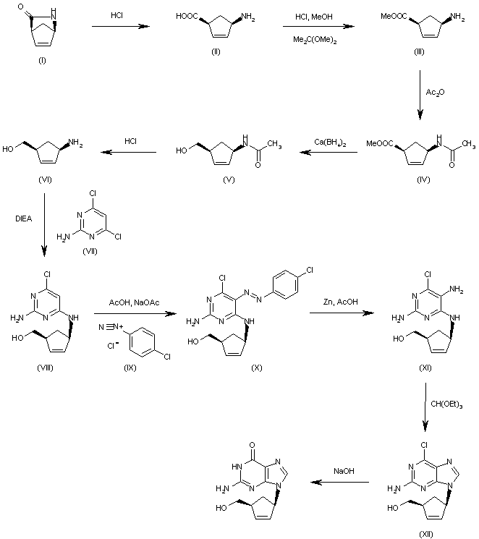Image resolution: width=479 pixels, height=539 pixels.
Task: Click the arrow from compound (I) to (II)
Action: pos(119,27)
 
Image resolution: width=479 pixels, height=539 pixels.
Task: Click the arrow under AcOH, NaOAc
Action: pos(135,313)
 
